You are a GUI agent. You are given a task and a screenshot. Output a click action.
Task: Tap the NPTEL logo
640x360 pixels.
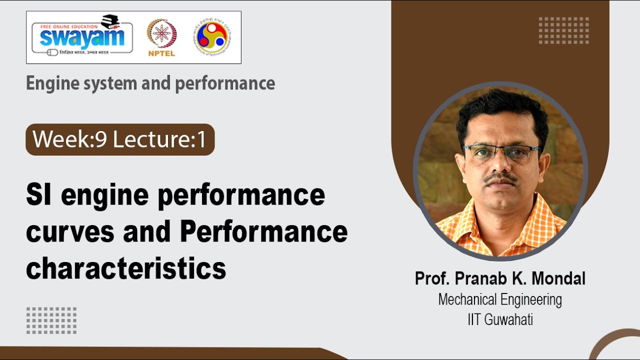coord(161,37)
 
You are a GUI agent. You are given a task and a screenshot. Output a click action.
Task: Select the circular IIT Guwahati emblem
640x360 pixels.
coord(213,36)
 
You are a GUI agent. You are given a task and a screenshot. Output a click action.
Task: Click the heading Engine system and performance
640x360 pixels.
coord(150,83)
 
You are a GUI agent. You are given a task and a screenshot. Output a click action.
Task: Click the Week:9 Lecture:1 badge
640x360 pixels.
coord(120,139)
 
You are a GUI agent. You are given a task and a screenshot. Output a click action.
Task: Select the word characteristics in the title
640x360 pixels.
coord(126,268)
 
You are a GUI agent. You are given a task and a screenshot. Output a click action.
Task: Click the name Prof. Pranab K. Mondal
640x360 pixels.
coord(500,278)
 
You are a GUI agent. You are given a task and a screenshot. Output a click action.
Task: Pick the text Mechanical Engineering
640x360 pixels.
coord(500,299)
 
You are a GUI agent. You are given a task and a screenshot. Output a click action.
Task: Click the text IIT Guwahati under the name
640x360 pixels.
coord(500,319)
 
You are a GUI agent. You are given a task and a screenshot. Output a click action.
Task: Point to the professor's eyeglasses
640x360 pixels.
coord(501,151)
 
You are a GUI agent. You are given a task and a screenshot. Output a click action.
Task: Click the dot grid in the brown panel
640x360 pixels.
coord(563,30)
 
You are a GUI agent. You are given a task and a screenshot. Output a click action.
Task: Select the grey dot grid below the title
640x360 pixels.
coord(51,320)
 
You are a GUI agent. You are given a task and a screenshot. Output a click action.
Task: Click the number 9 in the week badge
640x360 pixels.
coord(101,139)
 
